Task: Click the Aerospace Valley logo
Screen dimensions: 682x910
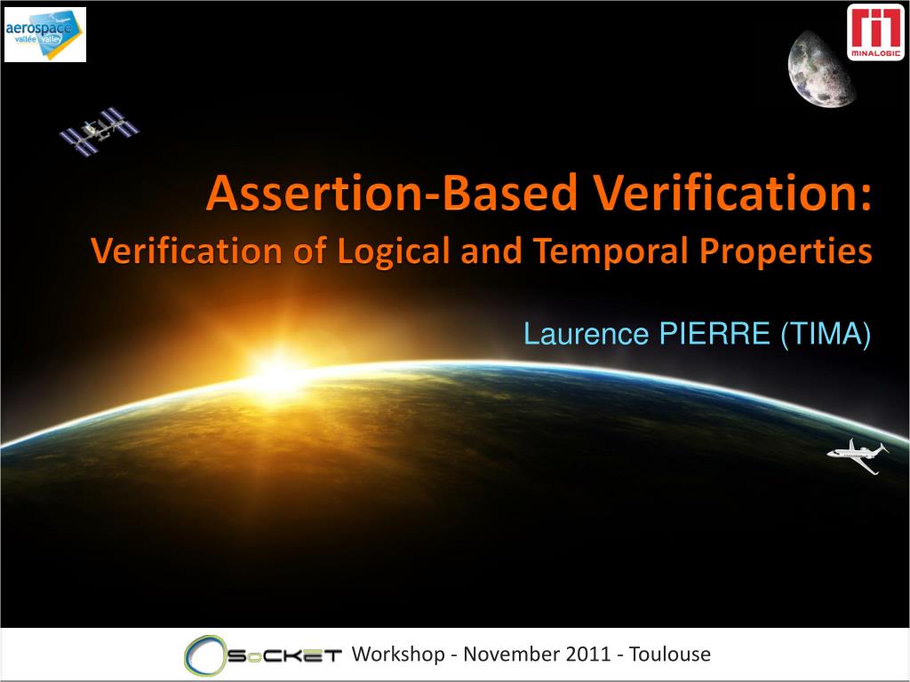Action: pos(44,35)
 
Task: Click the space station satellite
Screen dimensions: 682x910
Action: pos(100,131)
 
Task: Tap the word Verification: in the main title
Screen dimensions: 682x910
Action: pos(723,195)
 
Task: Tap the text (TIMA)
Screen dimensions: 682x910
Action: pos(826,335)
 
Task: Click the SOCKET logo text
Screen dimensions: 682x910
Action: pos(284,656)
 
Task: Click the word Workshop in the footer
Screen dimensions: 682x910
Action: pos(398,655)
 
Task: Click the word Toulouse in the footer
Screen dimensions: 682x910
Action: pos(670,655)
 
